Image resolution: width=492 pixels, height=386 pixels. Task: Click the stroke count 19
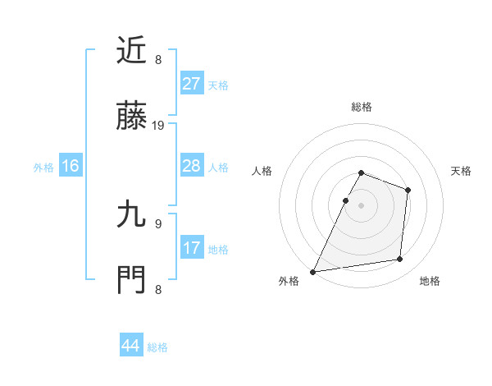coord(158,126)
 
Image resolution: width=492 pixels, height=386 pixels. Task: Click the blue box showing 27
coord(191,84)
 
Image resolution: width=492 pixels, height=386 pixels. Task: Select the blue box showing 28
coord(191,166)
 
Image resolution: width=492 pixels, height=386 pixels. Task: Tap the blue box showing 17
coord(191,248)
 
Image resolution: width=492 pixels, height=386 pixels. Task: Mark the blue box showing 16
coord(71,166)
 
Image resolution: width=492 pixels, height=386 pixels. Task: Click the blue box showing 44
coord(131,346)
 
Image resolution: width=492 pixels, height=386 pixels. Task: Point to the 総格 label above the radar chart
coord(361,107)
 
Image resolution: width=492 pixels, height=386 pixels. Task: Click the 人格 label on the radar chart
coord(263,171)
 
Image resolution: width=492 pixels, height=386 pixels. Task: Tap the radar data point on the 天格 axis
coord(408,190)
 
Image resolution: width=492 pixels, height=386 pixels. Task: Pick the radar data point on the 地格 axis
coord(400,260)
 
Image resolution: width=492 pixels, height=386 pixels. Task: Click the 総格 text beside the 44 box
coord(157,347)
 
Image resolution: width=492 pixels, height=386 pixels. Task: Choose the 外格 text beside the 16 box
coord(43,168)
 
